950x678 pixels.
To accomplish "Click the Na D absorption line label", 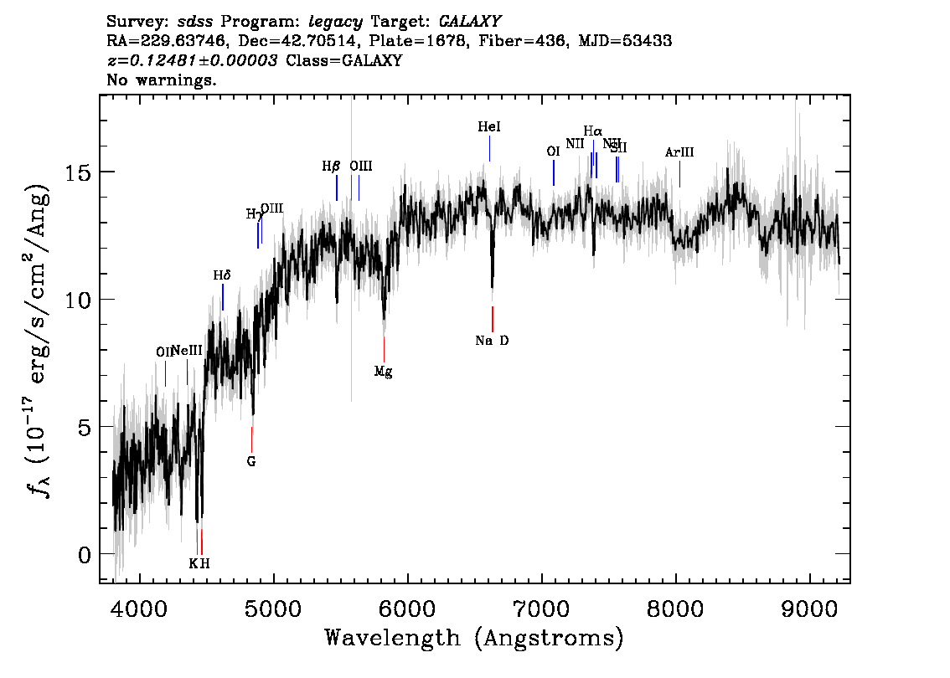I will pos(492,341).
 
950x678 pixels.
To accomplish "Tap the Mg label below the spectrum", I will pos(383,372).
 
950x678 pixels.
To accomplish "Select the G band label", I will pos(250,460).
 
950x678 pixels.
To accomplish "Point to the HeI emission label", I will pos(489,127).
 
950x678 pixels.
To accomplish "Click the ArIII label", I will pos(679,152).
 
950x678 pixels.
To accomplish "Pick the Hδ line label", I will pos(221,275).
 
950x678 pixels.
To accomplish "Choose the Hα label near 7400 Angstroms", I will pos(593,131).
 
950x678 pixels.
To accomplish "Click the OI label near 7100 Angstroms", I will pos(553,152).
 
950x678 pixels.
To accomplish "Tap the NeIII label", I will pos(187,351).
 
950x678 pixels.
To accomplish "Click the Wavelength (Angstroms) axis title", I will pos(474,638).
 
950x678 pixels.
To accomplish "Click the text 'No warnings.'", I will pos(162,80).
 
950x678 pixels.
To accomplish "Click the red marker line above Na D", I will pos(493,319).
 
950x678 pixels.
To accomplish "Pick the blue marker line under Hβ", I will pos(337,187).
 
